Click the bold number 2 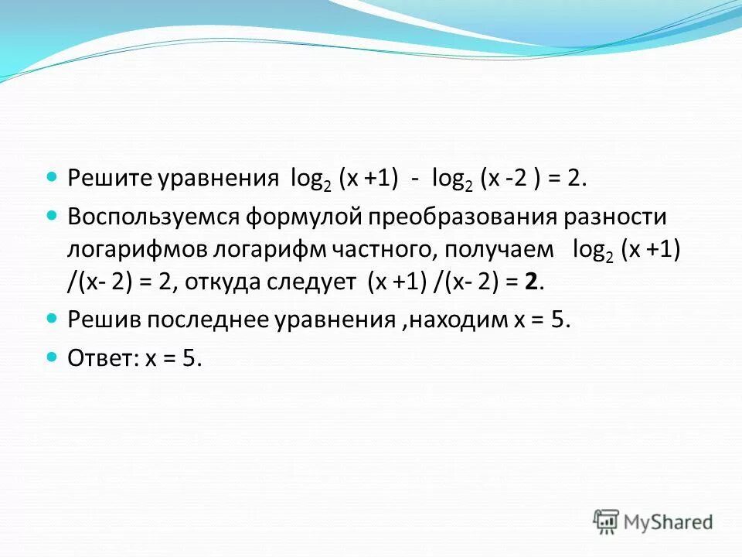pos(530,283)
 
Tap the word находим pos(454,320)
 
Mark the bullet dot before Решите pos(53,177)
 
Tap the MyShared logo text pos(669,522)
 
